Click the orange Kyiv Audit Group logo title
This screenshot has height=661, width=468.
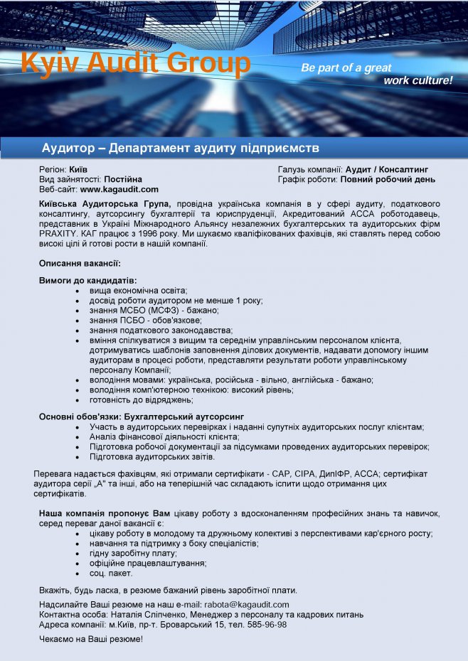[x=136, y=63]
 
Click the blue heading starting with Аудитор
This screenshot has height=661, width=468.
[x=180, y=148]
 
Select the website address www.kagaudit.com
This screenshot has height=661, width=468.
[x=119, y=190]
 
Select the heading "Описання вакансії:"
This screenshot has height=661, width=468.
[x=80, y=264]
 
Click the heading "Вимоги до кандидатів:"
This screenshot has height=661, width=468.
[x=87, y=281]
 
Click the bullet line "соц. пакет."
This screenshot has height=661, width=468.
[x=112, y=573]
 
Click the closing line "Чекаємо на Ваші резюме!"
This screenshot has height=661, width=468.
[x=91, y=639]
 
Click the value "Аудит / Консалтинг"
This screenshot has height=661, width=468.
[x=387, y=170]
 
